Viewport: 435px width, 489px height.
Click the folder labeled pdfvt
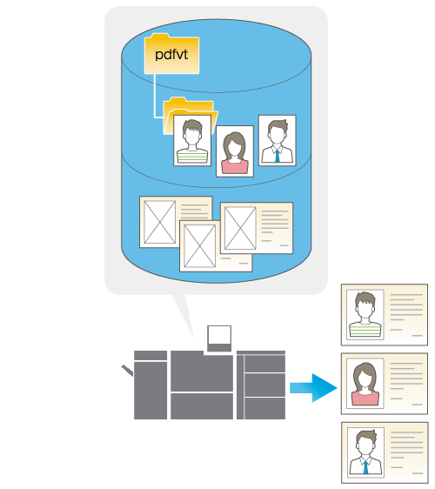pyautogui.click(x=171, y=54)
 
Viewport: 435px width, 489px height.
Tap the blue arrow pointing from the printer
pyautogui.click(x=313, y=388)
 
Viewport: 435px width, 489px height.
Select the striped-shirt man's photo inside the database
pyautogui.click(x=192, y=140)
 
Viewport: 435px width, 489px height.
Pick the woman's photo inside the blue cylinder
pyautogui.click(x=235, y=151)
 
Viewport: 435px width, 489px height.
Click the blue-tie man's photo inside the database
pyautogui.click(x=278, y=140)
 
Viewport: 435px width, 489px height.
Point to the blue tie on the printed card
pyautogui.click(x=365, y=467)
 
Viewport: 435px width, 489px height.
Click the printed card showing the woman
pyautogui.click(x=385, y=384)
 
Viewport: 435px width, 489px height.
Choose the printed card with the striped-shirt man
pyautogui.click(x=385, y=315)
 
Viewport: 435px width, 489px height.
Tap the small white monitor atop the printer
pyautogui.click(x=219, y=338)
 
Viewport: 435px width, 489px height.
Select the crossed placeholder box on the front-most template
pyautogui.click(x=199, y=246)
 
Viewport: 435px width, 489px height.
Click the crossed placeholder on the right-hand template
pyautogui.click(x=240, y=228)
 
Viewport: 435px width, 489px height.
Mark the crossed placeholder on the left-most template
pyautogui.click(x=160, y=222)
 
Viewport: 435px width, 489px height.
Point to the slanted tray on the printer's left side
pyautogui.click(x=127, y=370)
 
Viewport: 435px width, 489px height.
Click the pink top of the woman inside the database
pyautogui.click(x=235, y=166)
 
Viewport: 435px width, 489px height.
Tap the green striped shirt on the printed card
pyautogui.click(x=365, y=330)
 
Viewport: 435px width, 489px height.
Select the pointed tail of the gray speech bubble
pyautogui.click(x=184, y=315)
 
